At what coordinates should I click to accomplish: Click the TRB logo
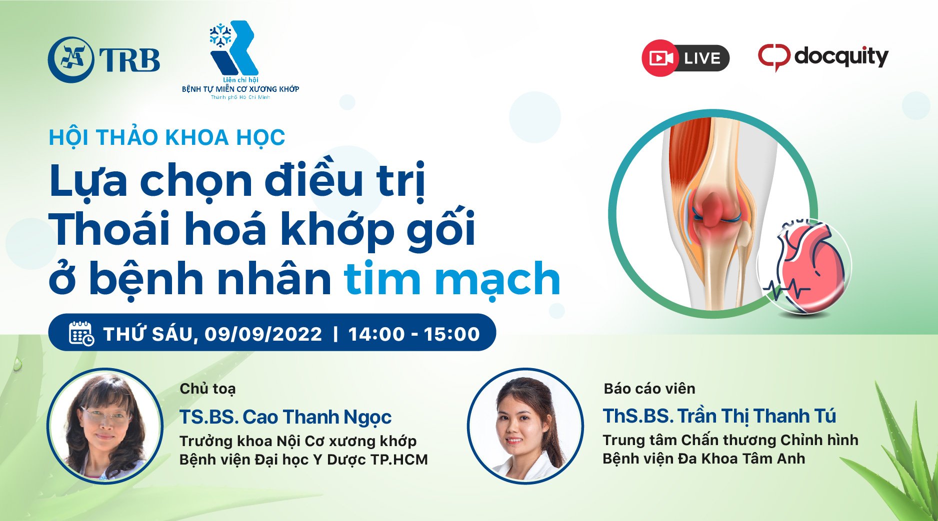pos(104,59)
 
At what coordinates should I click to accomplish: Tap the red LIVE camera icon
pos(660,58)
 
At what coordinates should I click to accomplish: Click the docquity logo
pos(823,57)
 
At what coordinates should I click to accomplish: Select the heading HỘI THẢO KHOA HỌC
pos(167,137)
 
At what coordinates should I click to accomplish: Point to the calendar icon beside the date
pos(81,333)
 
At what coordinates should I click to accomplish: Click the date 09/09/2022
pos(263,334)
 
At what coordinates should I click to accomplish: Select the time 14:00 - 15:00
pos(414,334)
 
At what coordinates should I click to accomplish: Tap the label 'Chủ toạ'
pos(207,389)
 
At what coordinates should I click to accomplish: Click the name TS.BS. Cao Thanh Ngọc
pos(285,417)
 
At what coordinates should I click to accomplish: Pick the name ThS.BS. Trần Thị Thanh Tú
pos(719,416)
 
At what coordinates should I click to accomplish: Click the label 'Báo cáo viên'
pos(649,388)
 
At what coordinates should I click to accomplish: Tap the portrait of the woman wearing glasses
pos(105,426)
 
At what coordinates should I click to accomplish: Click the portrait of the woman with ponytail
pos(525,426)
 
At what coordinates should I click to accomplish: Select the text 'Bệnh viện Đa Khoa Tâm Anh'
pos(703,459)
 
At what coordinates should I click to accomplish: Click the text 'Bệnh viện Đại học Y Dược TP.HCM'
pos(303,460)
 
